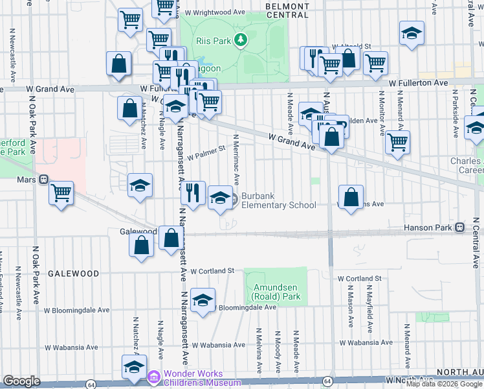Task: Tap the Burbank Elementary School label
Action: (x=278, y=200)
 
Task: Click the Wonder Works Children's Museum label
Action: (x=193, y=378)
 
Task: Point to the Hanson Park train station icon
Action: (x=459, y=228)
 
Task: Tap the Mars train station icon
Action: (x=44, y=180)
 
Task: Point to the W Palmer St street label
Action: (x=205, y=156)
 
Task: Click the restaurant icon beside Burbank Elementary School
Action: (x=192, y=192)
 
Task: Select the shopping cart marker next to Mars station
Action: (x=61, y=192)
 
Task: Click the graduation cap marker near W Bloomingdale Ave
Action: (x=203, y=300)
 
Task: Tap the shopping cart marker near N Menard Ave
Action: (x=397, y=141)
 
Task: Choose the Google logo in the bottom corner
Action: (x=21, y=381)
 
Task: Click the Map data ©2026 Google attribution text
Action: (x=443, y=384)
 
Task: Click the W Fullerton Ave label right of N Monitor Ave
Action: (x=423, y=83)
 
